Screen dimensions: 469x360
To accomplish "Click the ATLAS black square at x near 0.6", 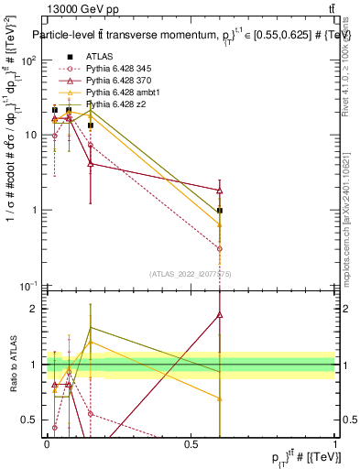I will pos(220,210).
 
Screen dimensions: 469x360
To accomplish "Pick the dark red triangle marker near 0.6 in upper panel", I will pos(220,190).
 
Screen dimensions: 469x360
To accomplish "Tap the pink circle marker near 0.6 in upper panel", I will pos(220,248).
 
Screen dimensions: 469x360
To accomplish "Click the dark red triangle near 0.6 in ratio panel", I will pos(220,314).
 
